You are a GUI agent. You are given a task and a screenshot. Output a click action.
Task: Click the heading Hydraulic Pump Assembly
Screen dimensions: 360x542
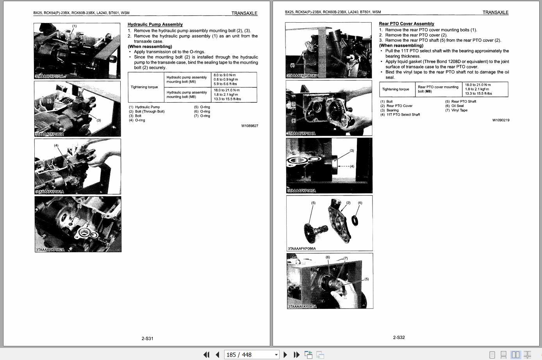(155, 25)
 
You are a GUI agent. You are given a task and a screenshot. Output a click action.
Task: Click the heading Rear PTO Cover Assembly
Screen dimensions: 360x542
(406, 24)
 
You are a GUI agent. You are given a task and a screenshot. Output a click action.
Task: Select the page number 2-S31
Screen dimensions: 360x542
(147, 339)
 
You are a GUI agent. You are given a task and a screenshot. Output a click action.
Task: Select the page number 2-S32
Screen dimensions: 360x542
(399, 337)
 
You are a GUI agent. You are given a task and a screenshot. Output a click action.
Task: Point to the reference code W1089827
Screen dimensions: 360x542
(250, 126)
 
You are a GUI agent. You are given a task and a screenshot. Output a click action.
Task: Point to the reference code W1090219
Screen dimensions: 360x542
(501, 120)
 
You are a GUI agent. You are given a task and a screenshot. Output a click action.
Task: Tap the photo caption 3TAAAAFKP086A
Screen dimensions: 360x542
(301, 248)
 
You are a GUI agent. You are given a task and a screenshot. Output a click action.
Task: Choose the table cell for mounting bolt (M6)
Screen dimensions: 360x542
(187, 80)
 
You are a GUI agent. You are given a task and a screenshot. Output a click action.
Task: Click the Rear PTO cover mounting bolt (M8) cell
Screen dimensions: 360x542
(438, 89)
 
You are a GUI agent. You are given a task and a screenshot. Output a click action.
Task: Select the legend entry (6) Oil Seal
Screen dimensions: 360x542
(455, 106)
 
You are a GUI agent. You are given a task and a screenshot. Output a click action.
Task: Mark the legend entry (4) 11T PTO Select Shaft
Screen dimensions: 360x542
(400, 115)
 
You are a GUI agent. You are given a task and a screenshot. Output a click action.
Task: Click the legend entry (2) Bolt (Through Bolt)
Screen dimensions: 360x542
(147, 112)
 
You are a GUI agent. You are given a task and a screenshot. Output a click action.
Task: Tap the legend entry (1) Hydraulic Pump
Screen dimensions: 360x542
(144, 107)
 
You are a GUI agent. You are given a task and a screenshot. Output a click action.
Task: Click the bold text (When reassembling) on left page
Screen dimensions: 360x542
(150, 46)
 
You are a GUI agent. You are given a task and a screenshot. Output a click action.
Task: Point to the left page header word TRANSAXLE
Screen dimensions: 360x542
(244, 13)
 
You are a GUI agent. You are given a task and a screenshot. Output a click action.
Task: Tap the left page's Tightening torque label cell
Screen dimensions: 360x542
(144, 87)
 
